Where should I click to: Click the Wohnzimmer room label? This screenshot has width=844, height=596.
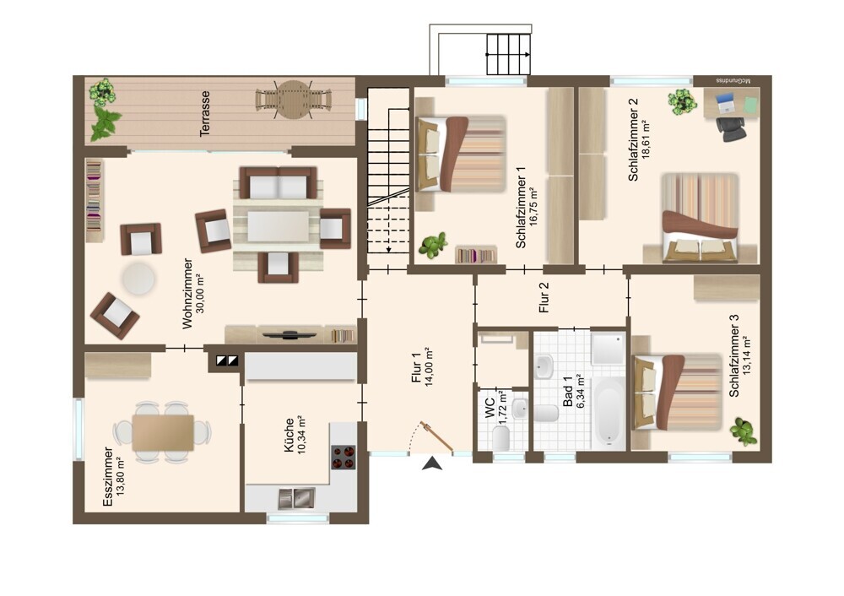point(187,294)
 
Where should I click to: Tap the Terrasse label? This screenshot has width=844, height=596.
point(204,114)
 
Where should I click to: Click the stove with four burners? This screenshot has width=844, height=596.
point(344,457)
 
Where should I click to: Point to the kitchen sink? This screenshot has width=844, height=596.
point(296,499)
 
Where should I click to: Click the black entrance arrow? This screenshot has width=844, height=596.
point(432,463)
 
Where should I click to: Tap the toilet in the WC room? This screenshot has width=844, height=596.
point(501,439)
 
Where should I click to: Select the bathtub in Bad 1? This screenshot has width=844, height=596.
point(609,414)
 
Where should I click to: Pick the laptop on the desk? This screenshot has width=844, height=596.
point(725,103)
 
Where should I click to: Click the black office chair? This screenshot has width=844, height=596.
point(730,128)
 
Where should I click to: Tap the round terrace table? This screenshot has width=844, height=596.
point(292,100)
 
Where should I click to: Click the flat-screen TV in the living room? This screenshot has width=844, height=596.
point(289,335)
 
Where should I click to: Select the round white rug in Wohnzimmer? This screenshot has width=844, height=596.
point(138,278)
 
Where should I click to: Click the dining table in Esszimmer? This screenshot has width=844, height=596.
point(163,432)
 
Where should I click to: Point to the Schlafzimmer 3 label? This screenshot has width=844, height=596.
point(734,356)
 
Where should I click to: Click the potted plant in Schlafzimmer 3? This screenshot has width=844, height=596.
point(742,429)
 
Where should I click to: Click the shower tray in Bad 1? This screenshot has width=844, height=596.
point(609,348)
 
